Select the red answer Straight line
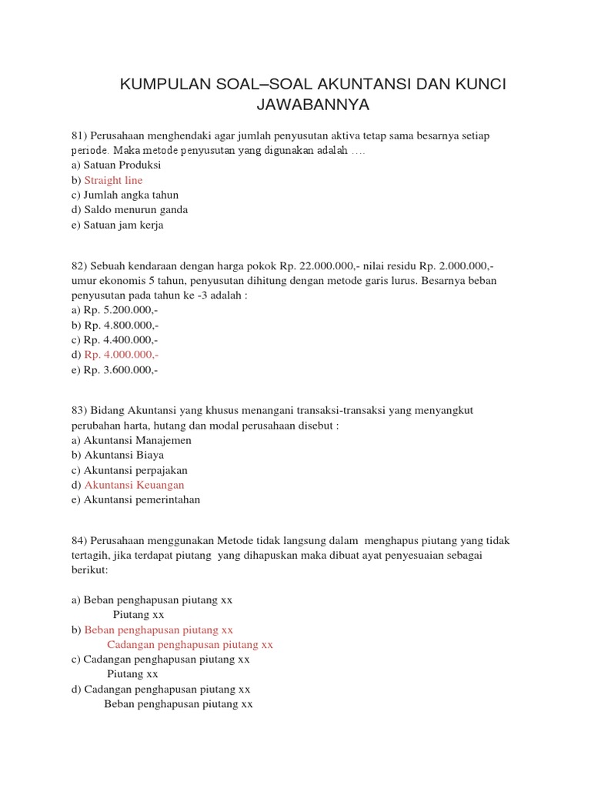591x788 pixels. click(113, 180)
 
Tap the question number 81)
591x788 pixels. click(81, 135)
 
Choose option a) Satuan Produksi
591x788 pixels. click(116, 165)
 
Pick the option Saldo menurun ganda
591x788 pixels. click(135, 209)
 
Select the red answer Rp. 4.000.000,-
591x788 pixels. click(122, 355)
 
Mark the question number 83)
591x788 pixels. click(81, 410)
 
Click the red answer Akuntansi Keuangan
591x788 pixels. click(134, 485)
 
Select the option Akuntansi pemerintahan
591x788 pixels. click(142, 499)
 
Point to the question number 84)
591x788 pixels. click(81, 540)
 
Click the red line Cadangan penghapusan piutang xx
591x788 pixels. click(190, 644)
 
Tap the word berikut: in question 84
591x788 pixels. click(90, 570)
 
